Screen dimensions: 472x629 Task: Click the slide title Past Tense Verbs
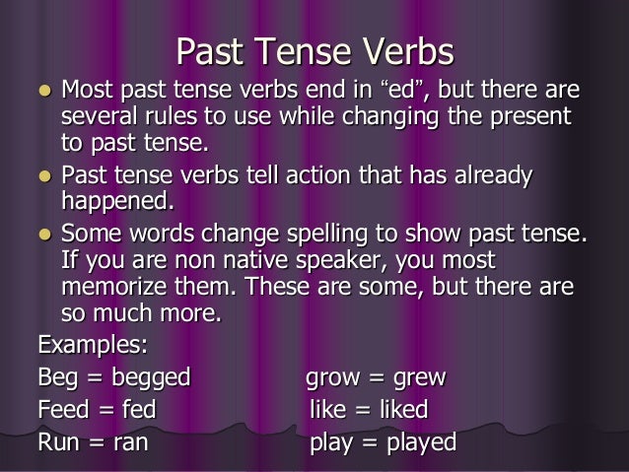click(314, 50)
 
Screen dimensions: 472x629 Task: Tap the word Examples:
click(93, 346)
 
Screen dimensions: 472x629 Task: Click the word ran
click(128, 441)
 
